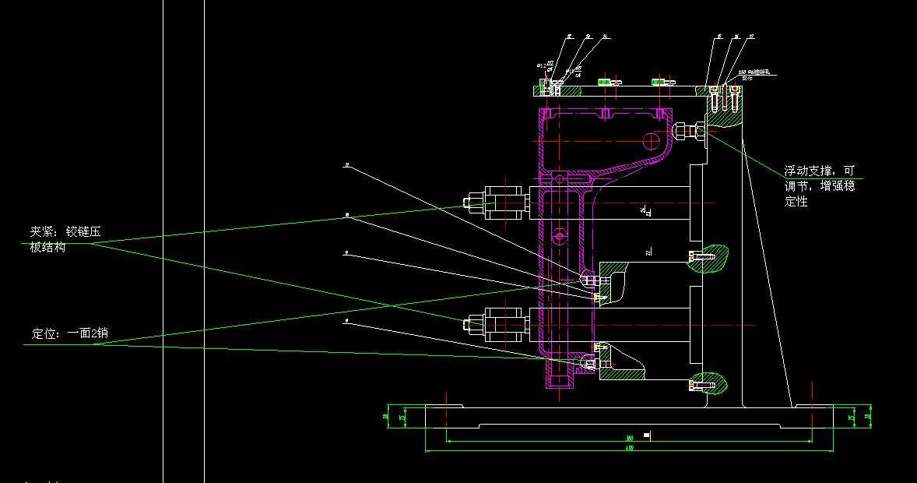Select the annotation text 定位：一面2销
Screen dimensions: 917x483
point(69,334)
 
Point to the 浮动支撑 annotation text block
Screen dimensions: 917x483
point(819,185)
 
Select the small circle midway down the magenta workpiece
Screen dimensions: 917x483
point(559,234)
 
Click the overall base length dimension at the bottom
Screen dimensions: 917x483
point(630,448)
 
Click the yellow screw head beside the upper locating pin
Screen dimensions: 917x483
point(597,298)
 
